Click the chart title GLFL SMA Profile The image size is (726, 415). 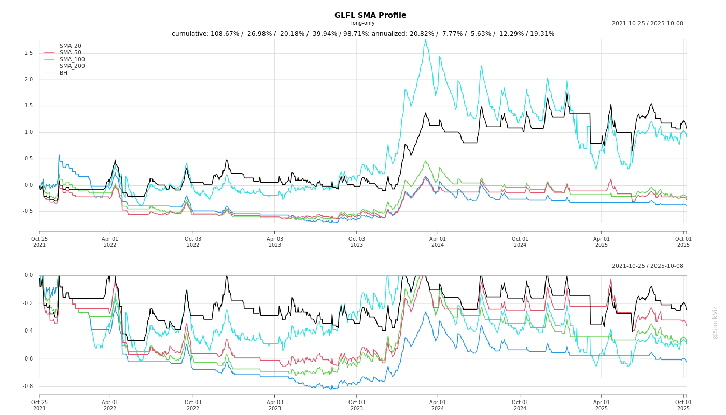click(370, 15)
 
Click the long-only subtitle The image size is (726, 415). click(362, 23)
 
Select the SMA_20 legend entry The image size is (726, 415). click(70, 46)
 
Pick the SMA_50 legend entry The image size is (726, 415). click(70, 52)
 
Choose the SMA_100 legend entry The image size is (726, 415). click(72, 59)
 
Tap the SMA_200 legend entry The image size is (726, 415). click(72, 66)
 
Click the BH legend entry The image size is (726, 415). click(63, 73)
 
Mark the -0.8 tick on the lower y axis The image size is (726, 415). click(27, 386)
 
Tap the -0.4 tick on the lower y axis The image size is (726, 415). click(27, 331)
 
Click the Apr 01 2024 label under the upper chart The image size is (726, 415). click(438, 242)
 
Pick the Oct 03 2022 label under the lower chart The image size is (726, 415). click(193, 405)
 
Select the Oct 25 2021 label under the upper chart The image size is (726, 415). click(39, 242)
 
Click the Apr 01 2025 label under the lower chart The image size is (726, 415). click(602, 405)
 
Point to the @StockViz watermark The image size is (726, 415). click(715, 322)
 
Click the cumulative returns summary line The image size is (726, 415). click(363, 34)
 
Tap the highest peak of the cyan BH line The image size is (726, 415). click(426, 39)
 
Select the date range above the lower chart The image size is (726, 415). click(647, 266)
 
